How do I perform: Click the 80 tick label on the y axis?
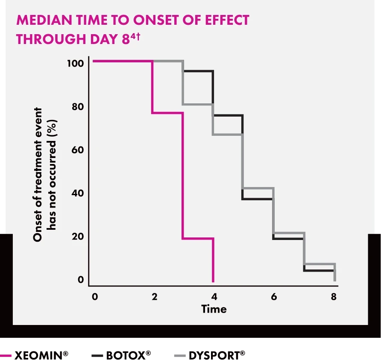(77, 106)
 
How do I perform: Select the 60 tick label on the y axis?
(77, 150)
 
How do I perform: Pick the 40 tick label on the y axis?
(77, 193)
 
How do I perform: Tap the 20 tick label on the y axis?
(77, 237)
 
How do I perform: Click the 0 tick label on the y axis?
(80, 280)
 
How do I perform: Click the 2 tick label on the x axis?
(154, 297)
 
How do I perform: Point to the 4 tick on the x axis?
(214, 297)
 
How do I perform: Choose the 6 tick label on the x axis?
(274, 297)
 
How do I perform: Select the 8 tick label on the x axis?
(334, 297)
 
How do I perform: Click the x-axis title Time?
(214, 309)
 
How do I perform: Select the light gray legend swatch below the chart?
(179, 355)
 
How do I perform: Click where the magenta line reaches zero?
(213, 281)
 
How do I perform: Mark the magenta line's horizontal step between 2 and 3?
(167, 113)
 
